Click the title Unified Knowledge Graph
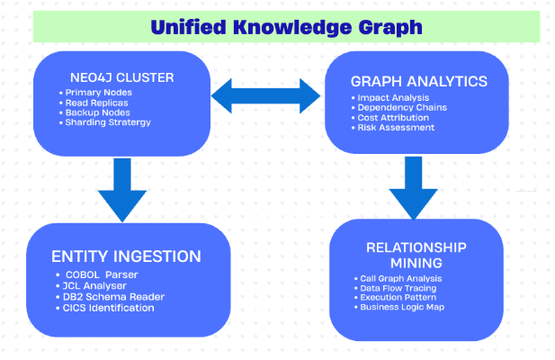tap(286, 28)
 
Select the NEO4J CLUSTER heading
tap(121, 77)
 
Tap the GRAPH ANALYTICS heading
tap(419, 81)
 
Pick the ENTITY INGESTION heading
tap(126, 256)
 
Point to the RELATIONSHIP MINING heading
tap(416, 256)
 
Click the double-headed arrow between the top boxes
tap(266, 96)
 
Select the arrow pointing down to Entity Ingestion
tap(122, 190)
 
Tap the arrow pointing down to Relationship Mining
tap(414, 188)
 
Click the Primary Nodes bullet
tap(95, 93)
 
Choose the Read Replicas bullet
tap(94, 103)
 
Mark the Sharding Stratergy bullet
tap(104, 122)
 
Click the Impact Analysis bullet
tap(390, 98)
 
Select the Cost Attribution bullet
tap(390, 118)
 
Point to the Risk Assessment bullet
tap(393, 128)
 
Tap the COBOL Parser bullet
tap(96, 274)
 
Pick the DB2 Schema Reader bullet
tap(110, 297)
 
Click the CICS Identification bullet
tap(104, 308)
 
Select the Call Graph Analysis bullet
tap(398, 279)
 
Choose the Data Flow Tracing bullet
tap(396, 288)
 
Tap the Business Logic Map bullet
tap(399, 307)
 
